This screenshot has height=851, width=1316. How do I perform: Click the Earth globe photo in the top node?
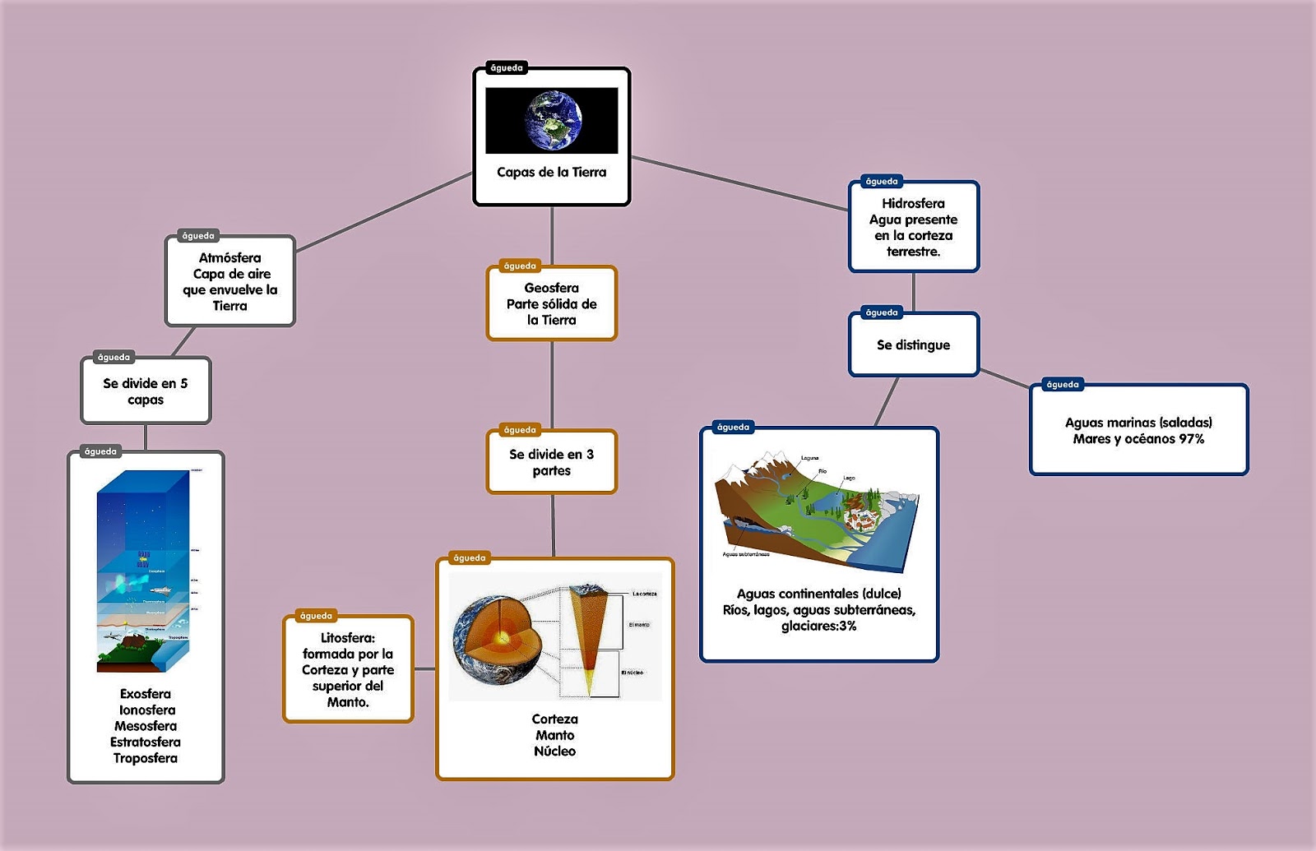(554, 120)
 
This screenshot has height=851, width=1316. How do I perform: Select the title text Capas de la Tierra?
(551, 172)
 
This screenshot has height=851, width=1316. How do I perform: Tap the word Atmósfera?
(229, 257)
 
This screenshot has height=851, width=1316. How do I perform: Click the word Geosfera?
(551, 288)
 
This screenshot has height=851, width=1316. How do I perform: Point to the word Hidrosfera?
(913, 203)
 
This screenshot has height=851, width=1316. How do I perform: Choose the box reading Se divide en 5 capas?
(146, 391)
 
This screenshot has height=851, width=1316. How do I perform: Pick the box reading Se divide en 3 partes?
(551, 462)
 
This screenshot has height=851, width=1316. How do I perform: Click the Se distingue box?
(913, 345)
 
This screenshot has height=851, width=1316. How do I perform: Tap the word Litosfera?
(347, 637)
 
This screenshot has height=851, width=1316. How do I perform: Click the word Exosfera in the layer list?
(146, 693)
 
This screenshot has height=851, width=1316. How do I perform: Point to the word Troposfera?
(146, 758)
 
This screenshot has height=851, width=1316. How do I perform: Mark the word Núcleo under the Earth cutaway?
(554, 751)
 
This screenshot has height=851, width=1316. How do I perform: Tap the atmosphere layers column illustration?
(143, 571)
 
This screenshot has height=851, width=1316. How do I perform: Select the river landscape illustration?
(818, 510)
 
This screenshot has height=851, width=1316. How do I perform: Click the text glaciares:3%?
(818, 626)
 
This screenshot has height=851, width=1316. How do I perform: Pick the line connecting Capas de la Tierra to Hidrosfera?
(740, 183)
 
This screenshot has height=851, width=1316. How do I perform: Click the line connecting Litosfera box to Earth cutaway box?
(424, 669)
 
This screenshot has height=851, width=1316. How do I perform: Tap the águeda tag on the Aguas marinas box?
(1062, 384)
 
